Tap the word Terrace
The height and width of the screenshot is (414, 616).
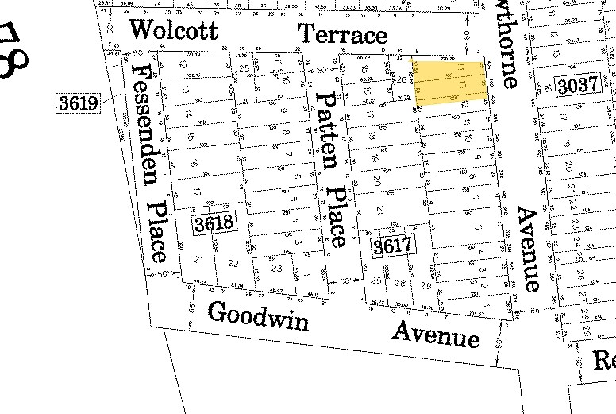[x=343, y=33]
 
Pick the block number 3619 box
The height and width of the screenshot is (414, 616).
[x=78, y=103]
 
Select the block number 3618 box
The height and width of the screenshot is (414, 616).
[x=214, y=222]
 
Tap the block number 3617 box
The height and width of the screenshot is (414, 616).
[x=393, y=246]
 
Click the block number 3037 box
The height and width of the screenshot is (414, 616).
[x=577, y=86]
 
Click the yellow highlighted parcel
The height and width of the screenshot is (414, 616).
[x=450, y=83]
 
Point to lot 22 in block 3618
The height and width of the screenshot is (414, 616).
[x=233, y=263]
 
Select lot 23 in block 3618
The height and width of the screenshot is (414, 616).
[x=276, y=269]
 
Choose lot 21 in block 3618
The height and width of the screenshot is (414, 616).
[x=199, y=260]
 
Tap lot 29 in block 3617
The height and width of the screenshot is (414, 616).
[x=425, y=285]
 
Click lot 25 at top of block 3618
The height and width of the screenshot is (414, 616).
[x=244, y=69]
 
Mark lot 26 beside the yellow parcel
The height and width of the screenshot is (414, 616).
[x=401, y=80]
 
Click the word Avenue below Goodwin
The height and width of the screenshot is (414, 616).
[x=436, y=335]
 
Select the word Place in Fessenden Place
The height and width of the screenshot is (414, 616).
[x=158, y=230]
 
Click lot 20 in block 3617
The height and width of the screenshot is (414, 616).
[x=377, y=180]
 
